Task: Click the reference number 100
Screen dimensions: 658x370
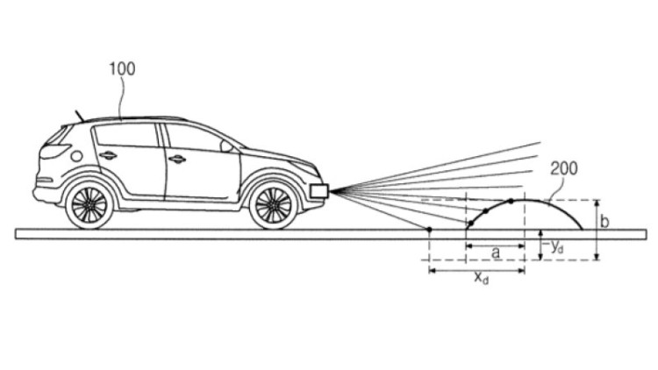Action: tap(122, 68)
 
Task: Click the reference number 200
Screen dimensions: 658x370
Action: tap(563, 168)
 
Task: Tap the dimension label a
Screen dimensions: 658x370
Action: tap(496, 253)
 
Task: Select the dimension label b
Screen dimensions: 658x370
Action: tap(604, 221)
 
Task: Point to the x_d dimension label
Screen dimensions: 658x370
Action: tap(482, 277)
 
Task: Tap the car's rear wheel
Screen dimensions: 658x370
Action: tap(89, 205)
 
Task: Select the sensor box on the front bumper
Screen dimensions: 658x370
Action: tap(319, 191)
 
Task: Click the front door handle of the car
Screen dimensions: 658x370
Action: tap(176, 159)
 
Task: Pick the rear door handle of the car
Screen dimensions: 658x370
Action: tap(108, 155)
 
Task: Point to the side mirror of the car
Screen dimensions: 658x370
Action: tap(226, 146)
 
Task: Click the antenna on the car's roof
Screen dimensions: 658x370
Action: tap(79, 116)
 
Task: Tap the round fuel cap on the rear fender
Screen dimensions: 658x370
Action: tap(76, 156)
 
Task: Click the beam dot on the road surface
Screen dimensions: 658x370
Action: tap(429, 230)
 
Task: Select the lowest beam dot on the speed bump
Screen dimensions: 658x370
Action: tap(471, 224)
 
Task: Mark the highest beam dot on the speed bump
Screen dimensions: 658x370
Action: tap(511, 202)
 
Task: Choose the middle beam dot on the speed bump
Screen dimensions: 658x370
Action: tap(485, 210)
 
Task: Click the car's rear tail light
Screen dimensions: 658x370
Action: tap(54, 151)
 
